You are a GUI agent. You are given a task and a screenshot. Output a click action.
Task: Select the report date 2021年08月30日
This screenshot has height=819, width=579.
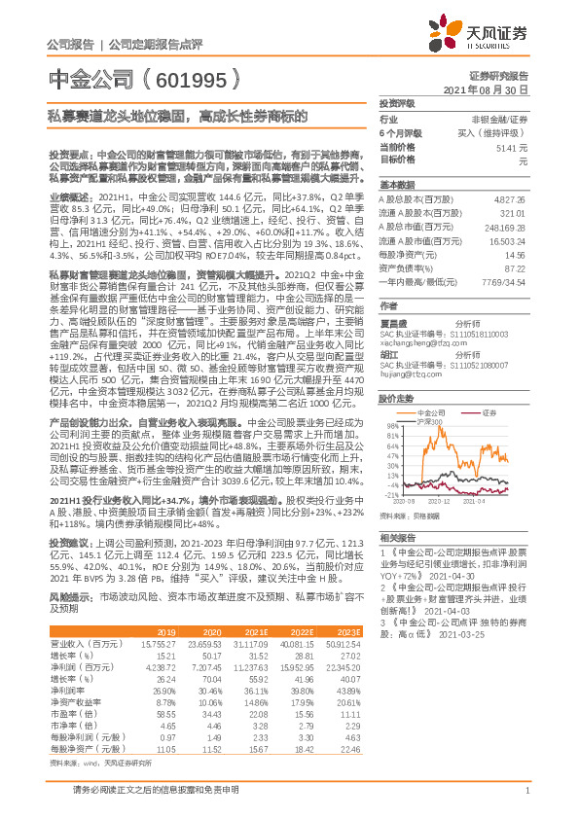pyautogui.click(x=491, y=89)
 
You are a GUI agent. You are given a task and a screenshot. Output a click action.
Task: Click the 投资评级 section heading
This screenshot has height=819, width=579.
pyautogui.click(x=397, y=103)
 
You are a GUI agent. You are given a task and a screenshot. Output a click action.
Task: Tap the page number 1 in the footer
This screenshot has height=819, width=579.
pyautogui.click(x=526, y=801)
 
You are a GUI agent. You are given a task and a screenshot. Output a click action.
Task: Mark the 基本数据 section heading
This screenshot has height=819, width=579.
pyautogui.click(x=397, y=184)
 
